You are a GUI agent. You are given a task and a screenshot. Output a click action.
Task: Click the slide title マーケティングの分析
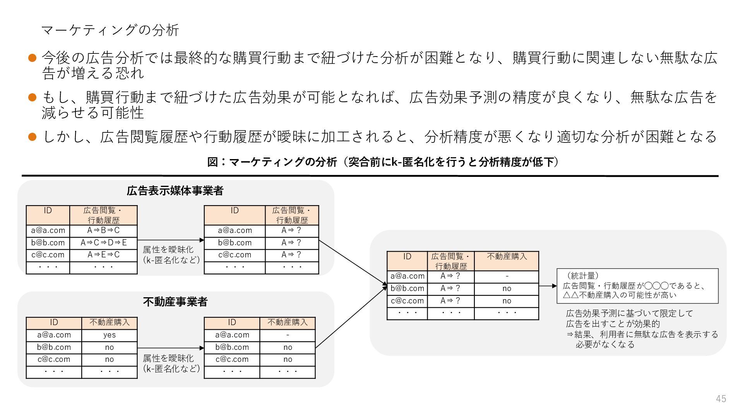(110, 30)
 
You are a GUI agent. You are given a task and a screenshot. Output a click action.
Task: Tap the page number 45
(721, 399)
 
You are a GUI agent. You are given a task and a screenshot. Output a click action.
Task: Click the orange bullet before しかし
(33, 137)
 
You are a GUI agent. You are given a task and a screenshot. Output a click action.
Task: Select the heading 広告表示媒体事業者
(175, 191)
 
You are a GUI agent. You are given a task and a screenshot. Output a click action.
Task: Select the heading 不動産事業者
(175, 302)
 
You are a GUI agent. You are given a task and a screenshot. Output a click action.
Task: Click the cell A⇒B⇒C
(103, 230)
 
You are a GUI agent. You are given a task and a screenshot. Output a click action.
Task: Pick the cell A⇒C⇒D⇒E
(103, 243)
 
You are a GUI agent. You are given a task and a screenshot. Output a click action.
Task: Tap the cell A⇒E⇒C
(103, 255)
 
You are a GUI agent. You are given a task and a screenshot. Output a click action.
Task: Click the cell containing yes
(110, 335)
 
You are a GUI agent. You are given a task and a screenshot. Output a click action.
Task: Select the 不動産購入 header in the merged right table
(507, 257)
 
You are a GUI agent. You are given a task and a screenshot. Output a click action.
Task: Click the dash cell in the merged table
(507, 276)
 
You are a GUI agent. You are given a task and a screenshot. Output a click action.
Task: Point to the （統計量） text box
(637, 286)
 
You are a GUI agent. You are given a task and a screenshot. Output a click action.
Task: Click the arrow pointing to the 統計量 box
(548, 286)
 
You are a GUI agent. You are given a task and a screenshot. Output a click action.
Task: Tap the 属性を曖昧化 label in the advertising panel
(171, 255)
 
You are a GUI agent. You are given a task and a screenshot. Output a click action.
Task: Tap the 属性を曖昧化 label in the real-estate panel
(171, 363)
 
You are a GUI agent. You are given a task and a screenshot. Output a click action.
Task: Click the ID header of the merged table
(407, 257)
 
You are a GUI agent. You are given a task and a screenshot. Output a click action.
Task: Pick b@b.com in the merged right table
(407, 288)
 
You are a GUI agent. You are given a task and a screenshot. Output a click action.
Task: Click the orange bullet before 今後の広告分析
(33, 58)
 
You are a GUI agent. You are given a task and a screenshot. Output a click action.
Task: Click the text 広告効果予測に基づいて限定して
(629, 313)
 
